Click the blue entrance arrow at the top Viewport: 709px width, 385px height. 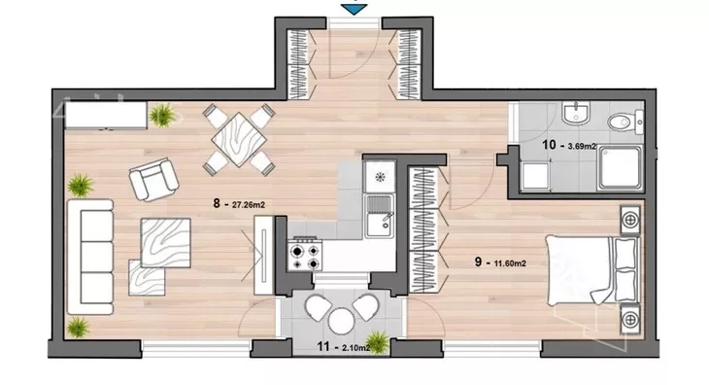(354, 9)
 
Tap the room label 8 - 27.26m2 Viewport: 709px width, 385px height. (239, 204)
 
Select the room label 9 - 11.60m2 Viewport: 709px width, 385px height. (500, 262)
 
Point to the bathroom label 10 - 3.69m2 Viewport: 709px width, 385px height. (569, 145)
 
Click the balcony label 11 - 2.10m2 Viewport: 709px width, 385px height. (344, 347)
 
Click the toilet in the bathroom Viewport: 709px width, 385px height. (625, 122)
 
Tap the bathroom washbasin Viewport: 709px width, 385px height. (577, 113)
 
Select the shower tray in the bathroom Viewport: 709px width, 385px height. (620, 168)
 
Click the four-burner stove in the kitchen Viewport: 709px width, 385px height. (305, 256)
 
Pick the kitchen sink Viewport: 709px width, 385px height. (380, 216)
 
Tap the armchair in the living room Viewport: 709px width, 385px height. (153, 179)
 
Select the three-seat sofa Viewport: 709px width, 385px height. (90, 257)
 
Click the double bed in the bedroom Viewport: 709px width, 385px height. (592, 269)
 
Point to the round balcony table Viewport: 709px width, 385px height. (341, 321)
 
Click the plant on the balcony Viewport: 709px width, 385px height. (377, 342)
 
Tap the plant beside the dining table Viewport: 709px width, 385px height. (162, 115)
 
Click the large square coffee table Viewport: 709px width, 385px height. (165, 243)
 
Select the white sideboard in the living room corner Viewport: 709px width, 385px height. (106, 116)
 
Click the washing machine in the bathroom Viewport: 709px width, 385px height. (535, 176)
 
